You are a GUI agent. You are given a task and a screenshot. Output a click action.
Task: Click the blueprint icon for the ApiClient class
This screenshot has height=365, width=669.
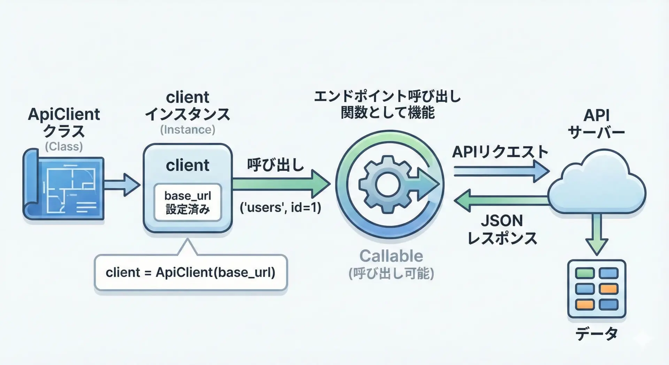click(64, 185)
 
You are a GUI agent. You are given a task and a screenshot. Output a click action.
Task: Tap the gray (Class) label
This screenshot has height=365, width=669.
click(64, 146)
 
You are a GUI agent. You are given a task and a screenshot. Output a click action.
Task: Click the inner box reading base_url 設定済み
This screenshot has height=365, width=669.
click(188, 202)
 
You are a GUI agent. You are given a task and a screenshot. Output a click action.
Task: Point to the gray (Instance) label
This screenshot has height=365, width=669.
click(187, 130)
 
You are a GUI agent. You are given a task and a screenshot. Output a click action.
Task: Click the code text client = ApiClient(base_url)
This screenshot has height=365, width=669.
click(190, 272)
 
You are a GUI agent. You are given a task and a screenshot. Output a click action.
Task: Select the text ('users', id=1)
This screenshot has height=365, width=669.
click(280, 208)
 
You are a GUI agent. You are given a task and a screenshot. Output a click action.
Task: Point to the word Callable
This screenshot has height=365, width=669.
click(391, 256)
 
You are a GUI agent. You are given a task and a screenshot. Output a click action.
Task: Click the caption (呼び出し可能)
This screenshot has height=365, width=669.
click(391, 274)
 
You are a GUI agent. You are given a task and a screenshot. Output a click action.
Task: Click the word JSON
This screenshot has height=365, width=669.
click(502, 221)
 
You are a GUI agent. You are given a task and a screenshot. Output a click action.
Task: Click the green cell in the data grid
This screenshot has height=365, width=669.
click(585, 273)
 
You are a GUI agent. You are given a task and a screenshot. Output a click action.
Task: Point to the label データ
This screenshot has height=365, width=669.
click(597, 334)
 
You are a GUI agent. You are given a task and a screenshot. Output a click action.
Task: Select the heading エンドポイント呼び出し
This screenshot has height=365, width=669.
click(387, 97)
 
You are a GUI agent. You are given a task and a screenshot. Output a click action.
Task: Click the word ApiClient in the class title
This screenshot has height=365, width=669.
click(64, 114)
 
